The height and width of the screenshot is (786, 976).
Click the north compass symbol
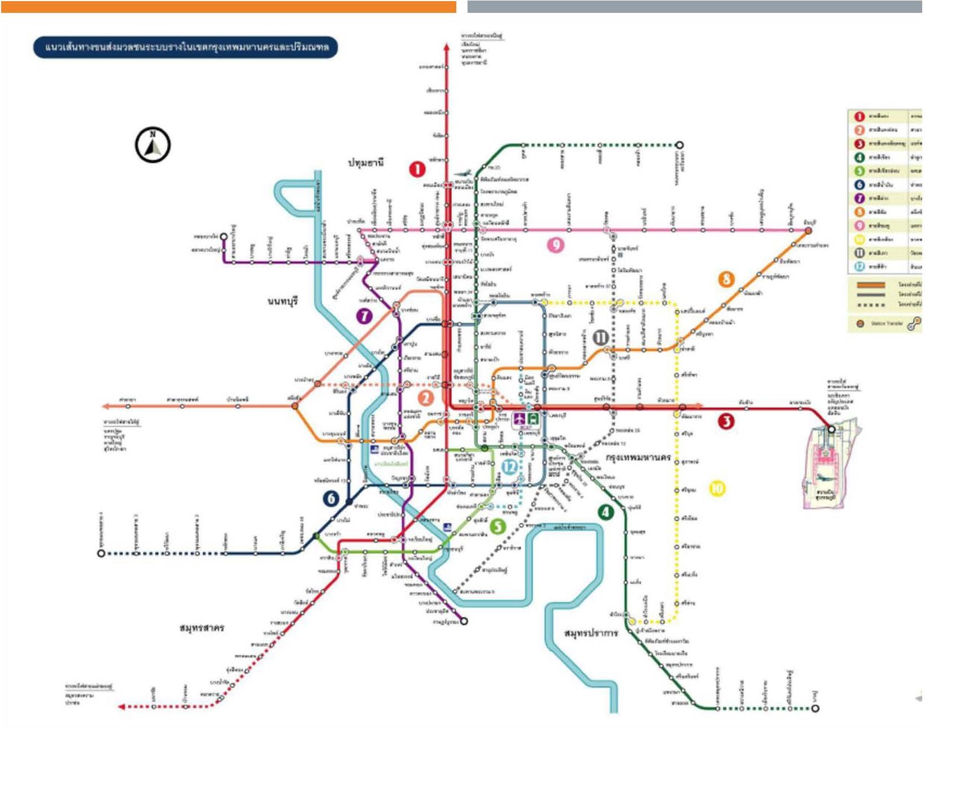click(152, 145)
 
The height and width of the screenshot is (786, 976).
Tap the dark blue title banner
click(186, 47)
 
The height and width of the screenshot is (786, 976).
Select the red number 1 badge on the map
click(417, 169)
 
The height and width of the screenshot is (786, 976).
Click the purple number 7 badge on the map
click(364, 316)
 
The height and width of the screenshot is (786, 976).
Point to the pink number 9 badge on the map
click(556, 244)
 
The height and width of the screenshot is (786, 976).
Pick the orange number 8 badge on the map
click(727, 279)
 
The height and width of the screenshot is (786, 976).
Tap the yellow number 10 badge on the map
click(717, 488)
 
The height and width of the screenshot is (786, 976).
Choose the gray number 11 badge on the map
click(600, 337)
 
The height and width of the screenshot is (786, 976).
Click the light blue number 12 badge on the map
click(509, 466)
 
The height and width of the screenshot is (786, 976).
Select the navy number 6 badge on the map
click(331, 498)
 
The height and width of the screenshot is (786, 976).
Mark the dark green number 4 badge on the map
click(605, 512)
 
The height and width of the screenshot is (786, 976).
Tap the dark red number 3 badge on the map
click(726, 421)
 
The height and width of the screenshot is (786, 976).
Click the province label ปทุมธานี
click(366, 163)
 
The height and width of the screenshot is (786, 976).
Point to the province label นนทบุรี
click(283, 302)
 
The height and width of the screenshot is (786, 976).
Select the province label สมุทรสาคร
click(202, 628)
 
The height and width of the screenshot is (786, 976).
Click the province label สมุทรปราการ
click(591, 634)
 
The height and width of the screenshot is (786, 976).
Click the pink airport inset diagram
click(829, 468)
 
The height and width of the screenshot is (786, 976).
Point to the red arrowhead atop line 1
click(446, 47)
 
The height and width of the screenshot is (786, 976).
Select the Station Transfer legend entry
click(886, 323)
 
